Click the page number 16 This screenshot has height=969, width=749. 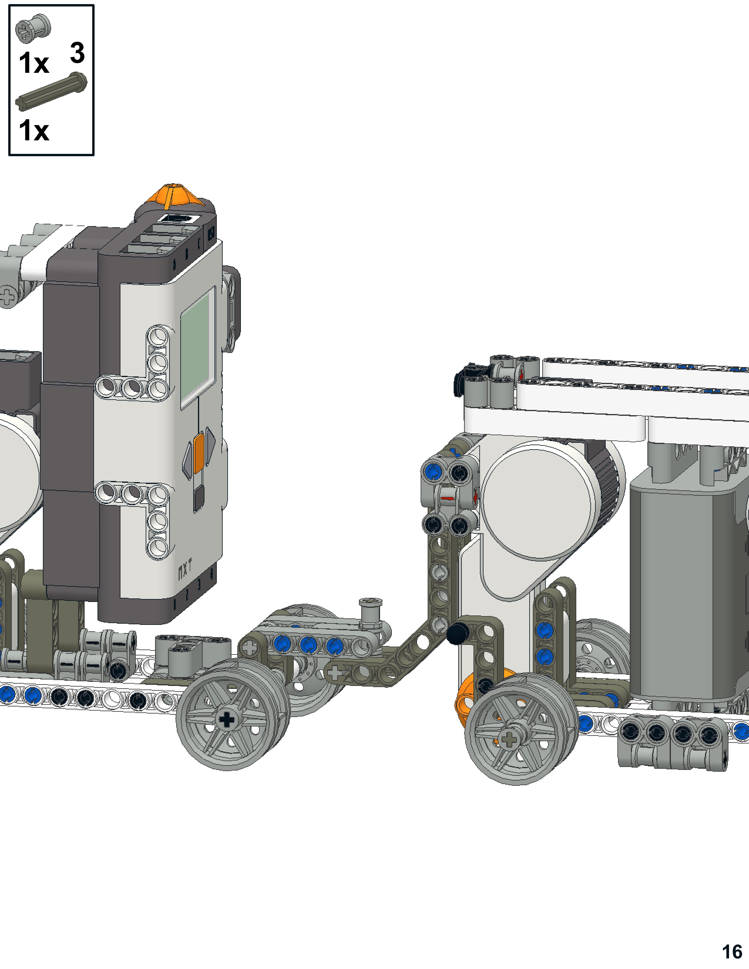pyautogui.click(x=732, y=952)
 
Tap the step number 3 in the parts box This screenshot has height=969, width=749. pyautogui.click(x=77, y=52)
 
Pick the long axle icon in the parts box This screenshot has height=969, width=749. pyautogui.click(x=51, y=91)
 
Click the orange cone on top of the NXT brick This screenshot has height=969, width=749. pyautogui.click(x=175, y=195)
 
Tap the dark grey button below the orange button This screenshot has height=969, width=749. pyautogui.click(x=199, y=497)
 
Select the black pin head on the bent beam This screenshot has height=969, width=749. pyautogui.click(x=458, y=633)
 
